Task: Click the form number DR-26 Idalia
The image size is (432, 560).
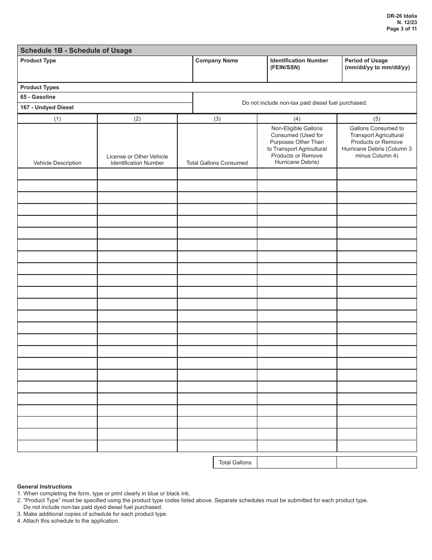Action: [402, 15]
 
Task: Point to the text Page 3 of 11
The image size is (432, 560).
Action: [402, 28]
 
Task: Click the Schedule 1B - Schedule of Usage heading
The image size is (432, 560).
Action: [76, 51]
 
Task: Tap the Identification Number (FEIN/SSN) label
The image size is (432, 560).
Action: [299, 64]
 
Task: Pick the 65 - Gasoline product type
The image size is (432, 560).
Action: [38, 97]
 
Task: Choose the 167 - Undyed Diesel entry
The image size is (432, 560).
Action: [47, 107]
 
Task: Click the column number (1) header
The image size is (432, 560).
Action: [57, 119]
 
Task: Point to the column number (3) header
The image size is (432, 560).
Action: [217, 119]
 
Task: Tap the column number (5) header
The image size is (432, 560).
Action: [377, 119]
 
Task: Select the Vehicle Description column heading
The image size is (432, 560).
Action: [57, 163]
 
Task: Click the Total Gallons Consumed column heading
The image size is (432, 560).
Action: [217, 163]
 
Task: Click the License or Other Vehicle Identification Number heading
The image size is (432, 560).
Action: [137, 160]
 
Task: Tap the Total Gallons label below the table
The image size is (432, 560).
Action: [235, 463]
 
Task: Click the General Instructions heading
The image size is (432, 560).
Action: [45, 487]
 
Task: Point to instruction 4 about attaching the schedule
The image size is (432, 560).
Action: [68, 521]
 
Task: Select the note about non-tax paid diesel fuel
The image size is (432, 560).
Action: [304, 103]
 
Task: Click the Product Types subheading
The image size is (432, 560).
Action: [40, 87]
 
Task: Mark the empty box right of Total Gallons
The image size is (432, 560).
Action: [296, 463]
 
